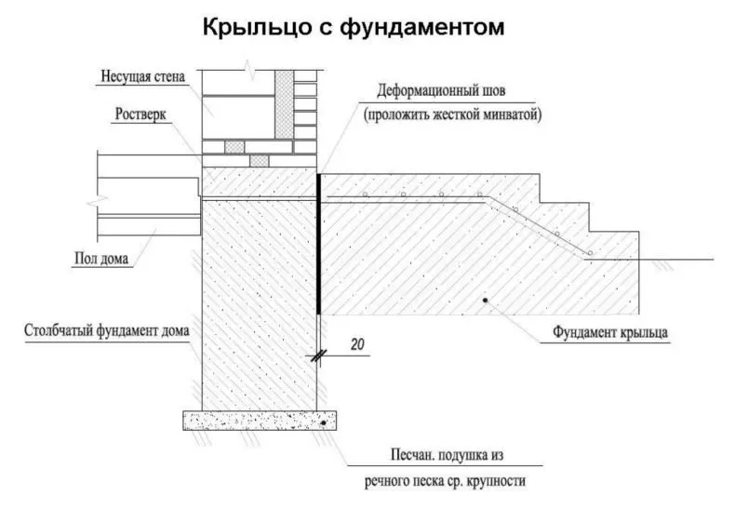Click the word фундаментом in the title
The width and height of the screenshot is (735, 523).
coord(421,27)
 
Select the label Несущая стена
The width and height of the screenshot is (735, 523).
coord(143,76)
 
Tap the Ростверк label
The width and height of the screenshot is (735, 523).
coord(140,114)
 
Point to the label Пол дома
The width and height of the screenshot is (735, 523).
coord(101,258)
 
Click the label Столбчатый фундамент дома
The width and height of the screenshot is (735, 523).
coord(107,330)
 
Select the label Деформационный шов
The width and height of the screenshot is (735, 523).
coord(441,90)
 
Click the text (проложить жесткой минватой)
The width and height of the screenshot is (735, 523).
coord(452,114)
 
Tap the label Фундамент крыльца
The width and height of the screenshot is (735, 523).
coord(609,332)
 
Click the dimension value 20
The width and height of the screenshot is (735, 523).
coord(357,344)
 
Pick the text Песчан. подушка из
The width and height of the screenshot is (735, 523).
coord(447,455)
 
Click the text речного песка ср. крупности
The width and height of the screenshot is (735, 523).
coord(445,481)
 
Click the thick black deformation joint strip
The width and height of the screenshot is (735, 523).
coord(319,244)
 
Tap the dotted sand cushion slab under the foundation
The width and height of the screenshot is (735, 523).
coord(260,421)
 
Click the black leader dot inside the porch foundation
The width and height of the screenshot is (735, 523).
coord(486,301)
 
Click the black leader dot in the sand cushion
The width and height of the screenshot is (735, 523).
coord(324,423)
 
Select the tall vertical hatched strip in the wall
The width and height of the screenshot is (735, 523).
coord(284,104)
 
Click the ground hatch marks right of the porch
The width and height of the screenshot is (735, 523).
coord(660,265)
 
